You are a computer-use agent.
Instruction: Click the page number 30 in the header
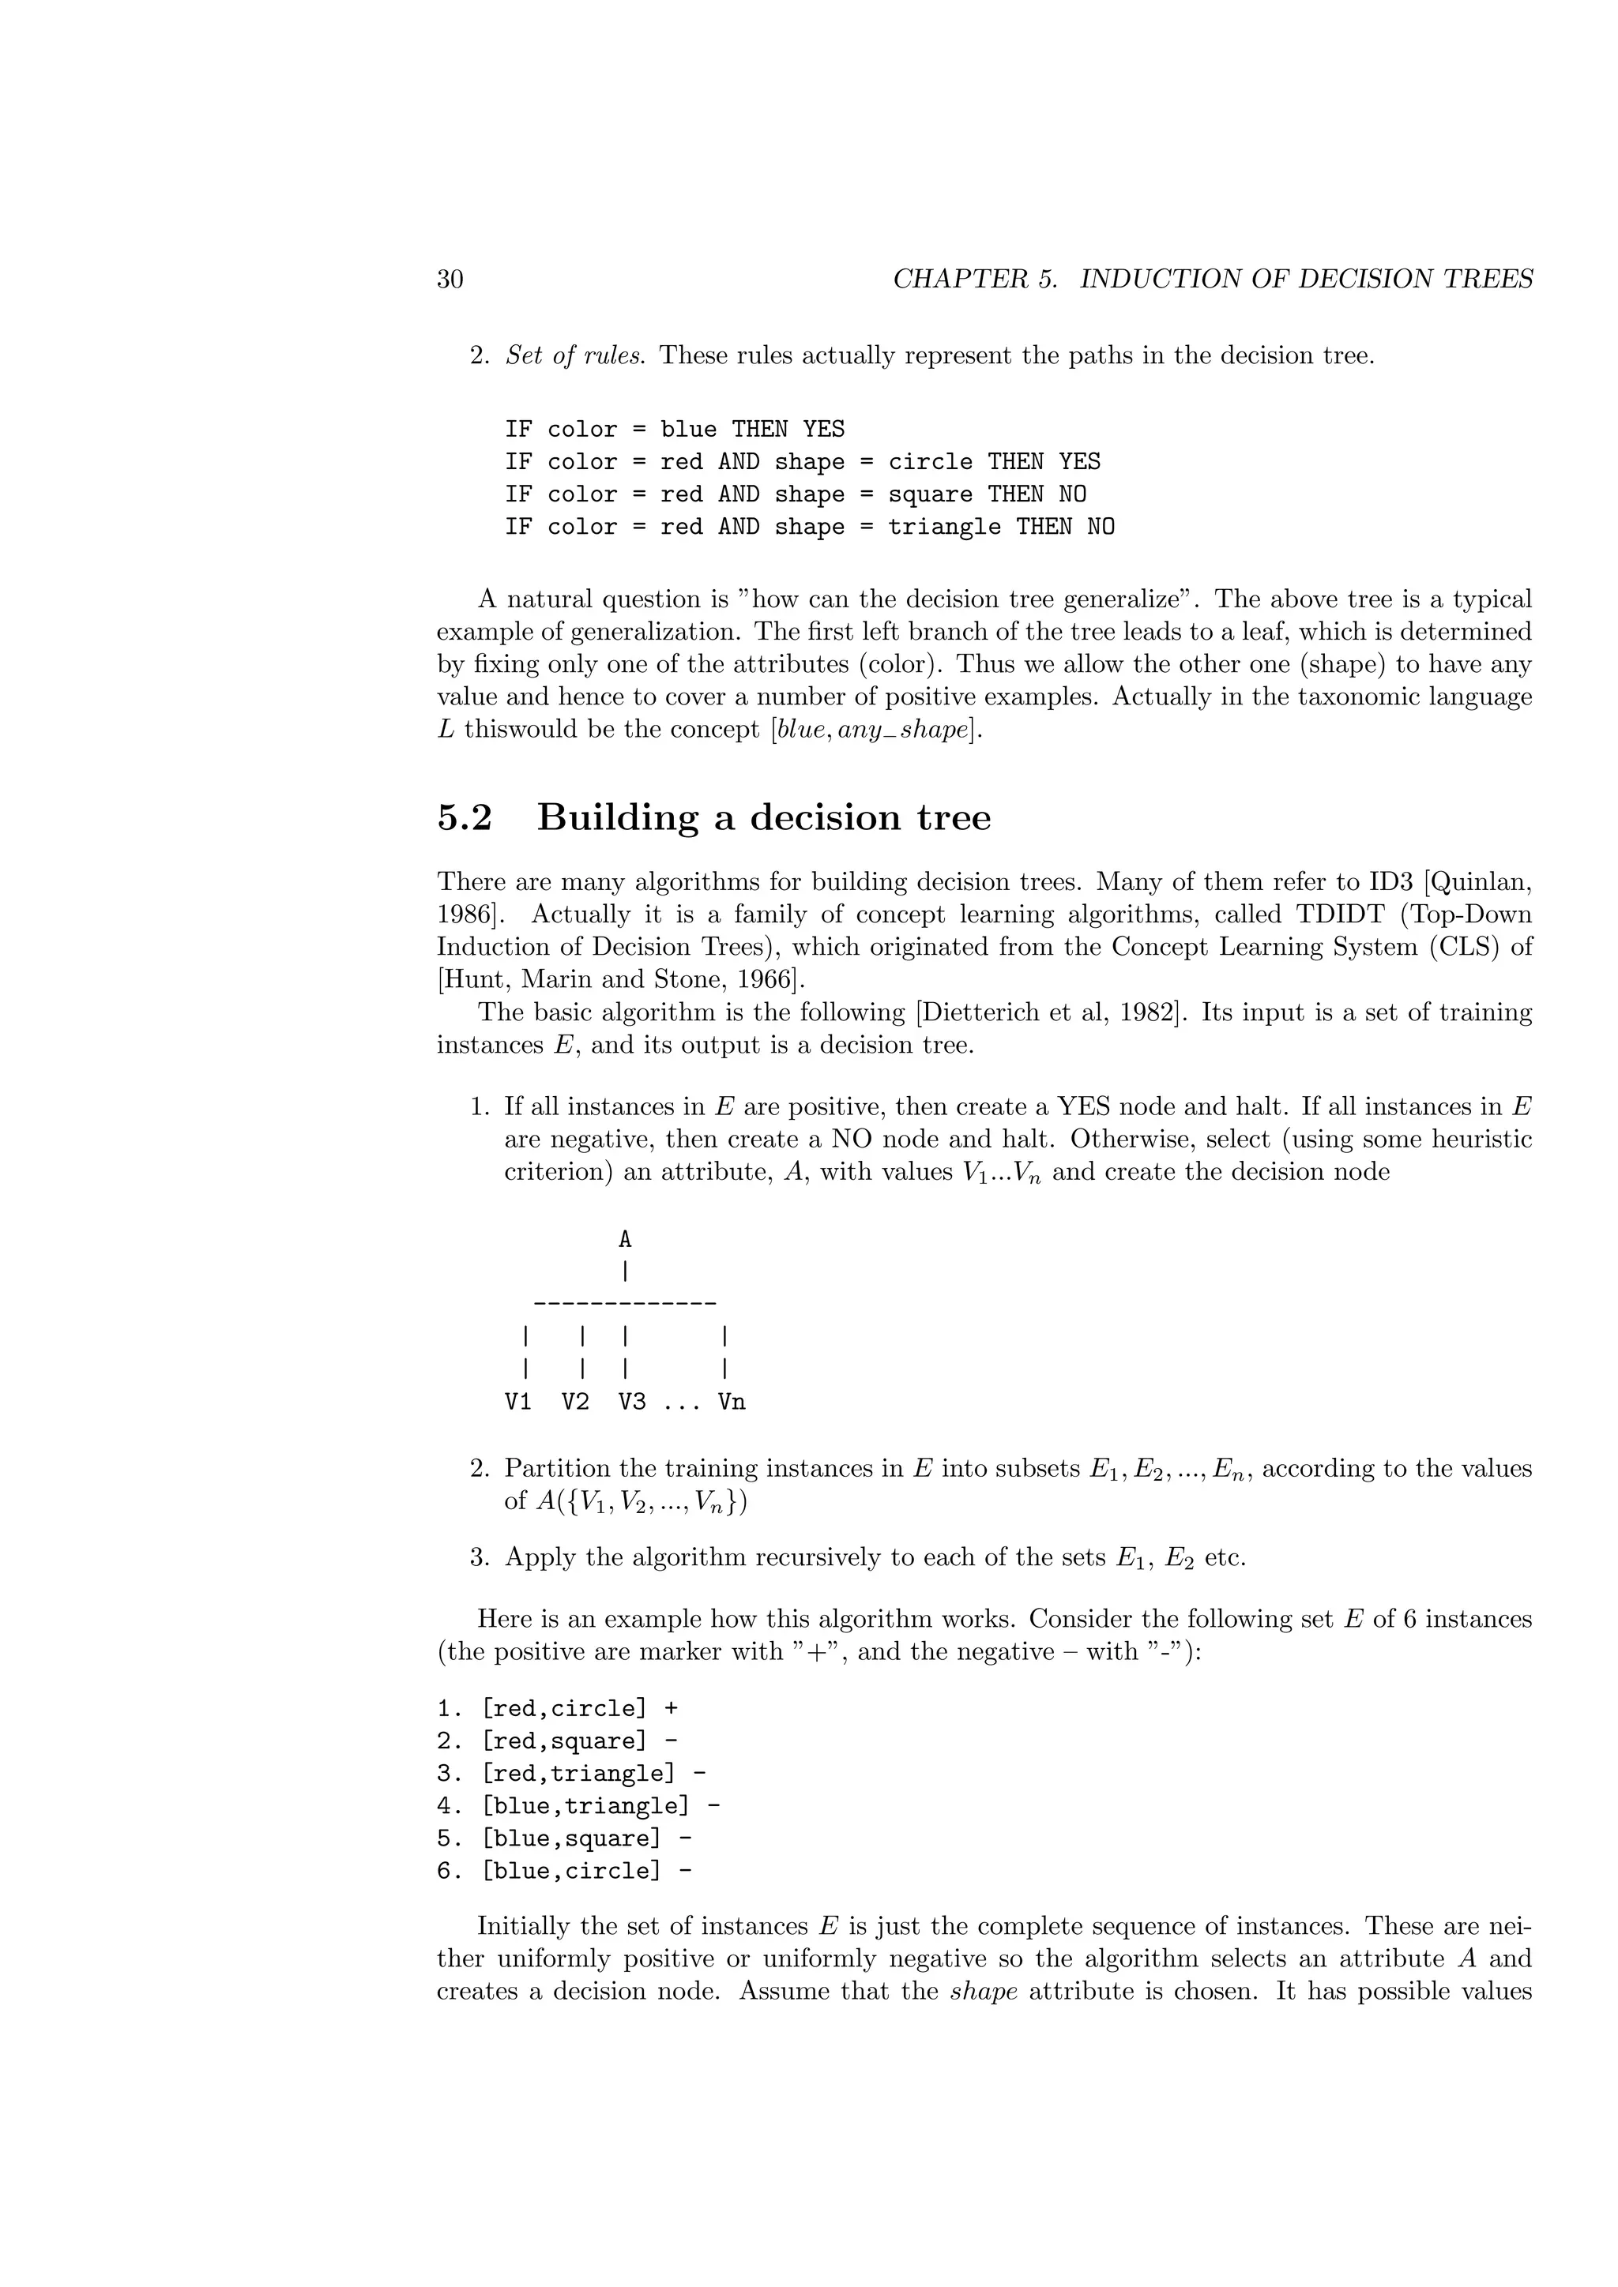click(450, 280)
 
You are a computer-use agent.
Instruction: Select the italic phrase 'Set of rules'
click(573, 355)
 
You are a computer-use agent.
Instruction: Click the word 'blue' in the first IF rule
click(687, 430)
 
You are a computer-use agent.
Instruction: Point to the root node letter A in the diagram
click(625, 1240)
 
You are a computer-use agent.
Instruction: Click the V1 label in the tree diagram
click(518, 1403)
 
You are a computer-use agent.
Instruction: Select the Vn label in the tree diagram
click(732, 1403)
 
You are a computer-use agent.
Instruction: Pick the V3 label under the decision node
click(632, 1403)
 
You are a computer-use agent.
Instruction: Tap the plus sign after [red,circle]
click(672, 1708)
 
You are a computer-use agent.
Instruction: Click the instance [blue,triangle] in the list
click(585, 1806)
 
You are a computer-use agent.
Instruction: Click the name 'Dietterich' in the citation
click(982, 1013)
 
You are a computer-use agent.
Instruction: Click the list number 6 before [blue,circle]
click(443, 1871)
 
